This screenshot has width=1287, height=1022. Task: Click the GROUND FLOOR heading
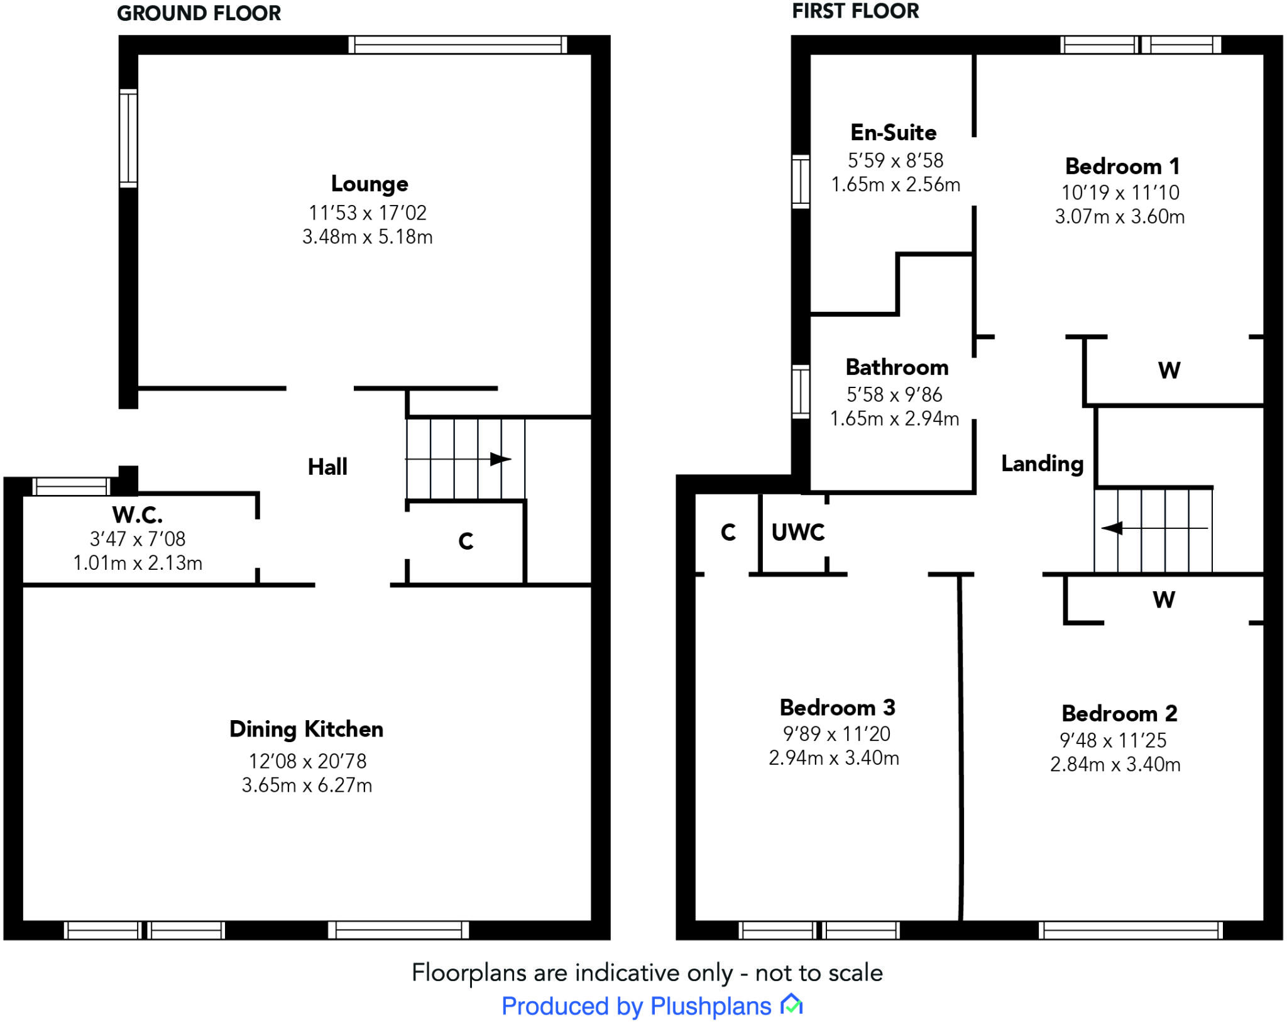point(199,13)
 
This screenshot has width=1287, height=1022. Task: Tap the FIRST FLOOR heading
point(855,11)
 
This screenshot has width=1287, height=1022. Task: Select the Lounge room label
point(370,184)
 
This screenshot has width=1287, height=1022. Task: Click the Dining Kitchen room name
point(306,730)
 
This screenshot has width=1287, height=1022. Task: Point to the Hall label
point(327,467)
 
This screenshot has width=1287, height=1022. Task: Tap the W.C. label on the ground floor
point(138,515)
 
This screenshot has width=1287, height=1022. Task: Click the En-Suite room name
point(894,133)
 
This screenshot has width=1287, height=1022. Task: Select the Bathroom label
point(897,367)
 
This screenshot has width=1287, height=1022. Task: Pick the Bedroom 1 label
point(1122,167)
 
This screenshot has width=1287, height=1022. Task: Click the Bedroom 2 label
point(1119,714)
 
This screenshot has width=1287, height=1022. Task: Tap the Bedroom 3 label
point(837,708)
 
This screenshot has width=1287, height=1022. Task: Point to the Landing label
point(1043,464)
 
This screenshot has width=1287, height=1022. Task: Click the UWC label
point(798,532)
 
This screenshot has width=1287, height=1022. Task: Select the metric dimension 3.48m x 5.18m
point(368,237)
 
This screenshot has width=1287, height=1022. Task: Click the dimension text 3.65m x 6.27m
point(307,786)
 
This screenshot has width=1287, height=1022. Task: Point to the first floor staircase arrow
point(1155,528)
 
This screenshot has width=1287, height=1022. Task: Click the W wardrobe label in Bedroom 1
point(1169,370)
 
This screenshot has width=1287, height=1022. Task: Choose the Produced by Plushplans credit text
point(636,1006)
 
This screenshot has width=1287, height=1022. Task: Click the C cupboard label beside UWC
point(728,532)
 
